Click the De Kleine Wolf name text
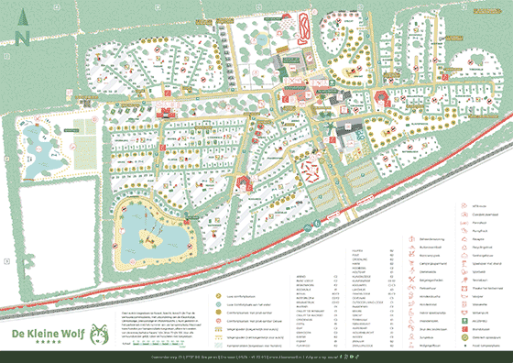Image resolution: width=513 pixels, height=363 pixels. point(45,333)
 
